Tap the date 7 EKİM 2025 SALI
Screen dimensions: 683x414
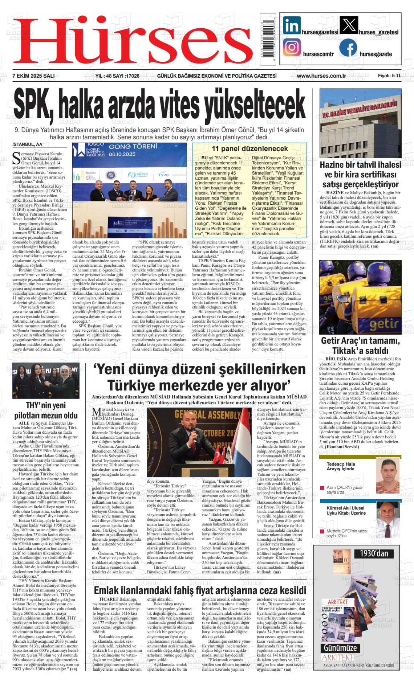[33, 75]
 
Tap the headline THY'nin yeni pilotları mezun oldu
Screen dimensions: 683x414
[46, 410]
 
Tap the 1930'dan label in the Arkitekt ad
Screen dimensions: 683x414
[374, 553]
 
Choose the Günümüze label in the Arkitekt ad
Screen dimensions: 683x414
[340, 648]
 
